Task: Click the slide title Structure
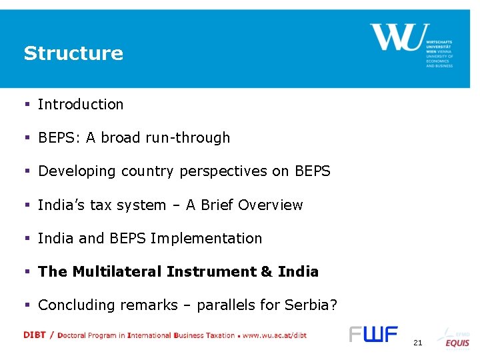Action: click(73, 53)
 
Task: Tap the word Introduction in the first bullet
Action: click(81, 105)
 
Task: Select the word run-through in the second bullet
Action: click(195, 138)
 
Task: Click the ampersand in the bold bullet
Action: click(267, 271)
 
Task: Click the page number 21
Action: click(418, 343)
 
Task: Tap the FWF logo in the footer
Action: click(373, 334)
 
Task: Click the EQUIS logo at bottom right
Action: click(457, 343)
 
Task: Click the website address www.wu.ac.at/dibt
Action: click(275, 335)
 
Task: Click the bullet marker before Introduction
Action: click(27, 105)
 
